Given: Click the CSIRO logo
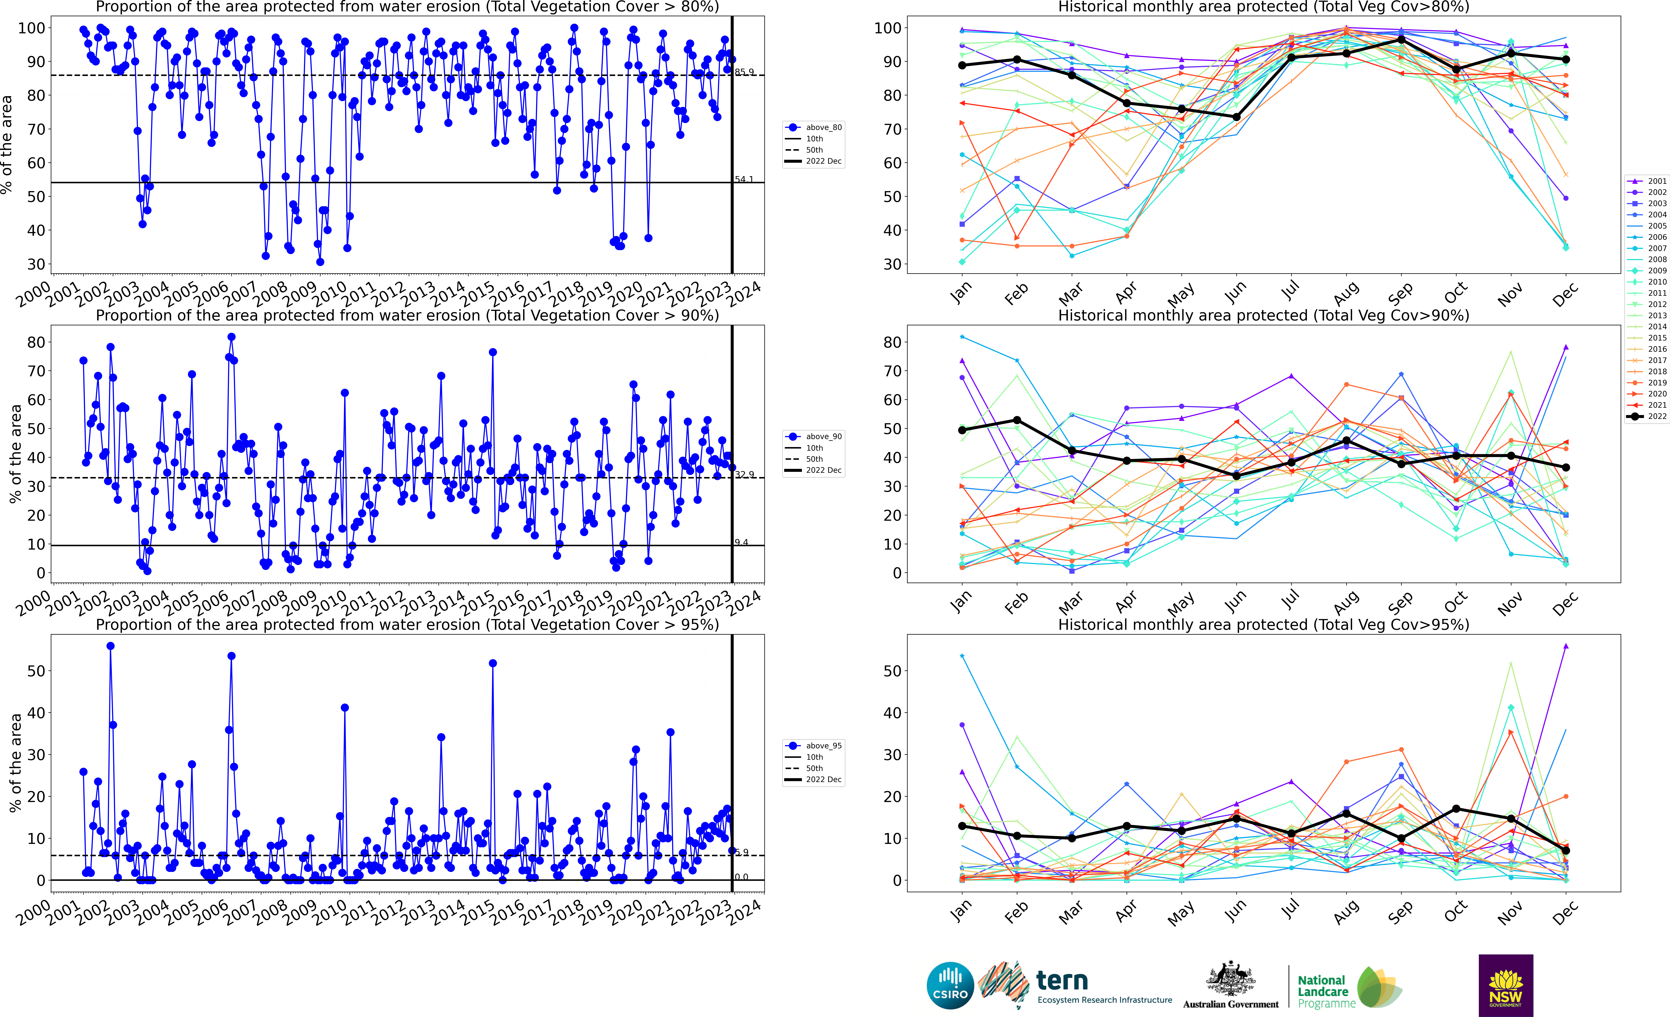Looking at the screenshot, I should click(950, 985).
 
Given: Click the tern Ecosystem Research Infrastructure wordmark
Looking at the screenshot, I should click(1103, 987).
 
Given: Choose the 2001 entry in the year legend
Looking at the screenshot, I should click(1647, 181).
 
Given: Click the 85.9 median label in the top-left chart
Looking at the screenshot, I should click(744, 72).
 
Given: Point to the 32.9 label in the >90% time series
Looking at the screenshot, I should click(744, 475).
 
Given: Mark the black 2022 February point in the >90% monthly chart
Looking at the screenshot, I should click(1017, 420).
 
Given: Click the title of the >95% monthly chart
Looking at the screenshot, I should click(1263, 624).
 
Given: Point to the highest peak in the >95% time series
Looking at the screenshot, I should click(110, 646).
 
